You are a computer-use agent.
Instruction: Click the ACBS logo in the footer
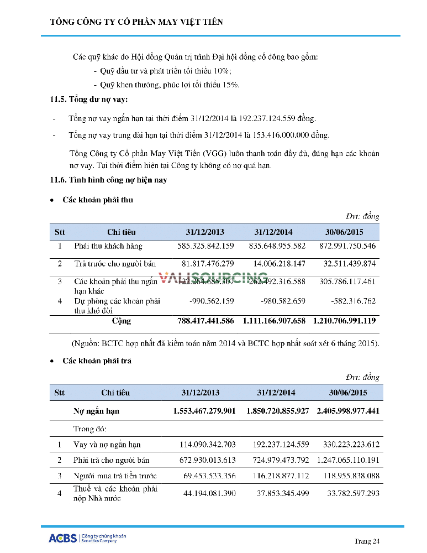pos(62,538)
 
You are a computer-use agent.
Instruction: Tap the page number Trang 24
pos(367,541)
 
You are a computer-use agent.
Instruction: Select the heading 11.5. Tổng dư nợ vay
pos(88,100)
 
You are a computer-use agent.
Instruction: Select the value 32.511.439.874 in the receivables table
pos(347,264)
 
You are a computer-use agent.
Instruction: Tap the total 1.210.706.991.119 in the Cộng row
pos(344,321)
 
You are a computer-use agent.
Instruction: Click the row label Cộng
pos(122,321)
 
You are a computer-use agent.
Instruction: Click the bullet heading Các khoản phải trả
pos(97,361)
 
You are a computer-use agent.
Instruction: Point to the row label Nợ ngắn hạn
pos(96,411)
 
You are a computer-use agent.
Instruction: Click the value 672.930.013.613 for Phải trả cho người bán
pos(207,460)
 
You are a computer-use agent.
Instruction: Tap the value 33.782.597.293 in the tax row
pos(348,493)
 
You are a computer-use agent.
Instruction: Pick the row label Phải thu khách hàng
pos(108,246)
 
